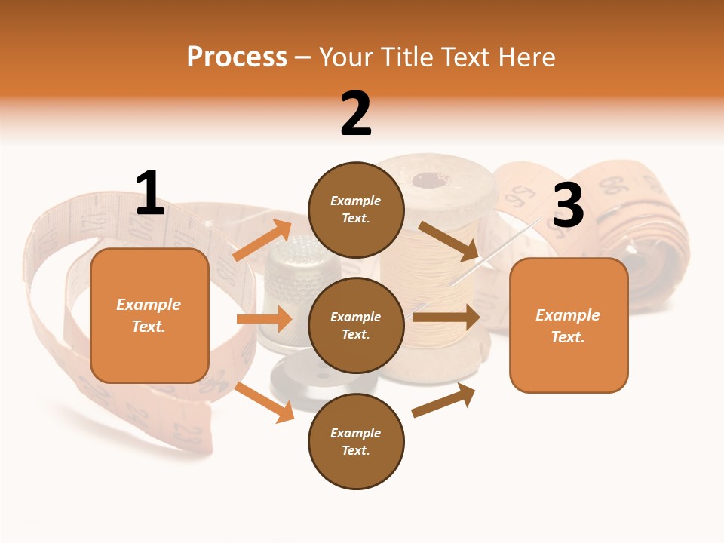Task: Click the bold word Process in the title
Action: pos(237,57)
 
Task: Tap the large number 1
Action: pos(150,193)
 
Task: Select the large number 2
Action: pos(356,114)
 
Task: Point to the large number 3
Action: pos(568,206)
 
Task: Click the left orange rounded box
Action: pos(149,315)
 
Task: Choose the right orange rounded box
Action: pos(569,326)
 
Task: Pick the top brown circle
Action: pos(356,210)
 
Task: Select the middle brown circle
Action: pos(356,325)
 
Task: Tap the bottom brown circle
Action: pos(356,441)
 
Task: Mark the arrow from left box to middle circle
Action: pos(264,319)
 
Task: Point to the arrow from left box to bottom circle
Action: pos(265,402)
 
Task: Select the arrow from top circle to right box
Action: pos(449,239)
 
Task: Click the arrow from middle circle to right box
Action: pos(446,317)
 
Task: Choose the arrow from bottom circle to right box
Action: pos(444,400)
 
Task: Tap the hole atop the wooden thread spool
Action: pos(431,180)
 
